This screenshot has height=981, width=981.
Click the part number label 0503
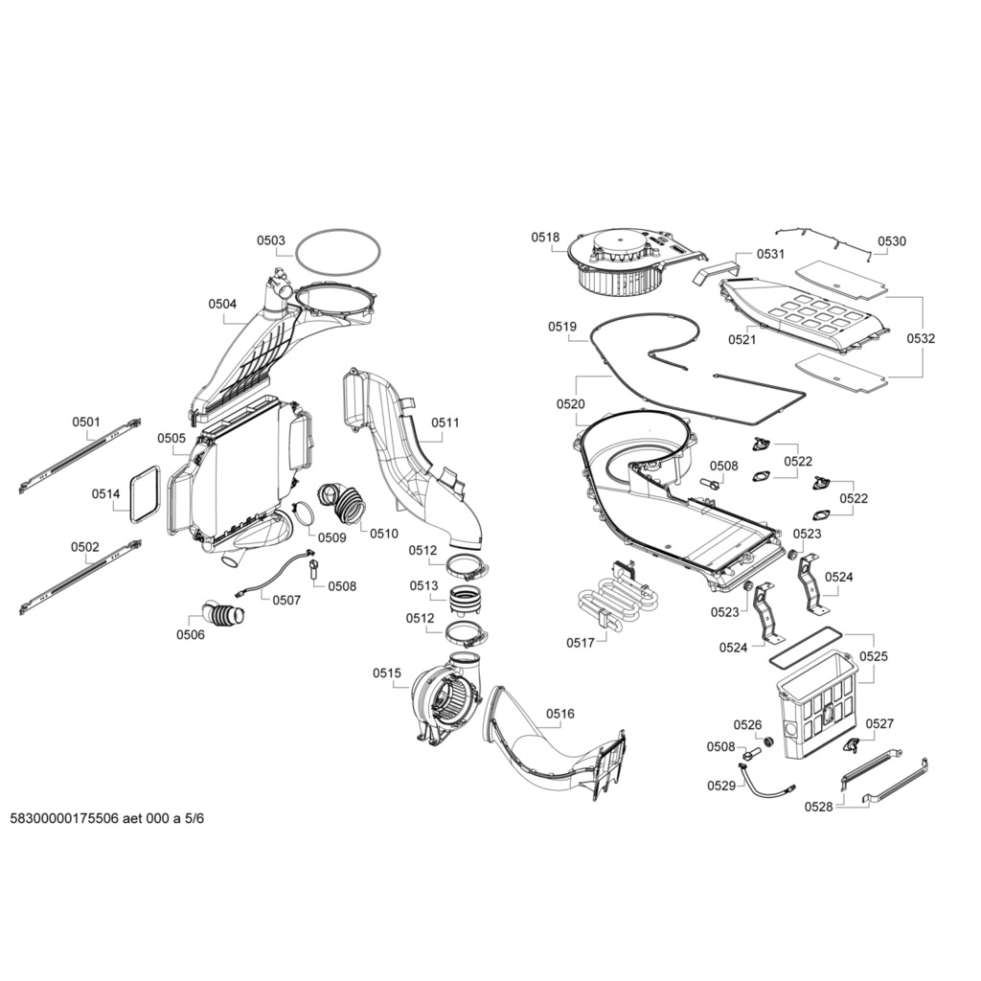tap(270, 241)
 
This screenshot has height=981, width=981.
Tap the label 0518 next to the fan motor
tap(546, 238)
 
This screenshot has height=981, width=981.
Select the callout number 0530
tap(891, 242)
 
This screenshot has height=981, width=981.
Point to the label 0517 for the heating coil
tap(581, 643)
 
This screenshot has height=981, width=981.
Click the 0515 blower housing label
tap(387, 673)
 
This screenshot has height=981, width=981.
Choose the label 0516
tap(560, 713)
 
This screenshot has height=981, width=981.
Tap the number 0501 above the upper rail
tap(85, 422)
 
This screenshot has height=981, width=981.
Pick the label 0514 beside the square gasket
tap(105, 494)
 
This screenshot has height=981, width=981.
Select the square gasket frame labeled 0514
tap(144, 493)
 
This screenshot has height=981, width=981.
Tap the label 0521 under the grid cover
tap(741, 339)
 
